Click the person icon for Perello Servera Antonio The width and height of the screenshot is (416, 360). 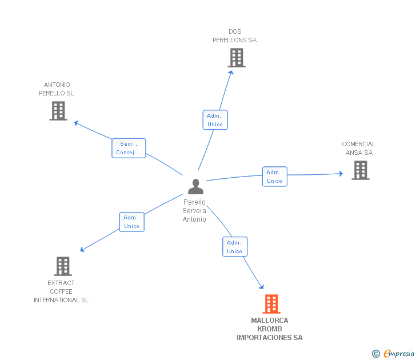195,186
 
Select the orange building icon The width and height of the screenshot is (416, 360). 271,304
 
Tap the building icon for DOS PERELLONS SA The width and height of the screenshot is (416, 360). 237,58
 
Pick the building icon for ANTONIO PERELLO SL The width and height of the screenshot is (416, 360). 58,111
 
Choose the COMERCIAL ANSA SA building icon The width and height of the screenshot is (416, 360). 361,170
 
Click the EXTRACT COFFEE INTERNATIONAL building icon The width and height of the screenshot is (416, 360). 63,266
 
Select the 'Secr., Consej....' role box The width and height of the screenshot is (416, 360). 129,148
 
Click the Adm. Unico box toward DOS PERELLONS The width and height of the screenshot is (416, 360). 215,120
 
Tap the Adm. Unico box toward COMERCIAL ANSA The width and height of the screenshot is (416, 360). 275,177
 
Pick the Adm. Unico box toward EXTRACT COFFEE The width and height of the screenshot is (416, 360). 131,222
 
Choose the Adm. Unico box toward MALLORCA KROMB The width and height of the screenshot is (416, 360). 235,246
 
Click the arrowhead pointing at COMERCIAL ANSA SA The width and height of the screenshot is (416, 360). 341,174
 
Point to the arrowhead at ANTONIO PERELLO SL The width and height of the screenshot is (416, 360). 77,123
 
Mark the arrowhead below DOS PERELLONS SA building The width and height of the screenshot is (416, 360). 231,73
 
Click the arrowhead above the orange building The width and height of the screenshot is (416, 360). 262,287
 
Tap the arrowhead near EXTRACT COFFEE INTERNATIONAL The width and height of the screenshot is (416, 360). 82,249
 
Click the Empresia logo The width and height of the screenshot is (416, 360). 393,353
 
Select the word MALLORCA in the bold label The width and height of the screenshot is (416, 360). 270,321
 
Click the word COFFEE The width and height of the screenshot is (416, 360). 61,291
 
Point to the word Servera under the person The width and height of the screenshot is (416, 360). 194,211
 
